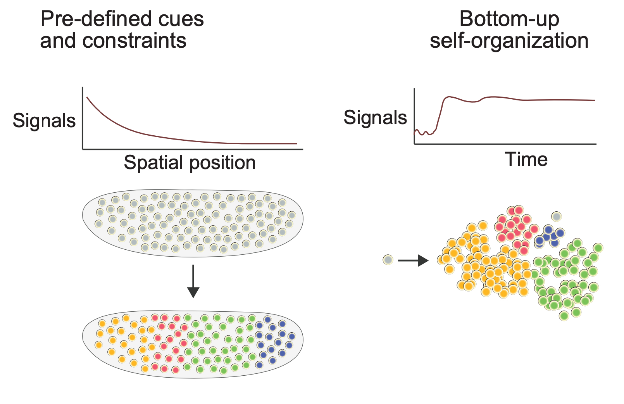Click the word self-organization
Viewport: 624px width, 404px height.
[x=509, y=40]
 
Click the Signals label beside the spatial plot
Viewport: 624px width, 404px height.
[x=44, y=120]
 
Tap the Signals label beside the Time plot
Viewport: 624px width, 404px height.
[x=375, y=117]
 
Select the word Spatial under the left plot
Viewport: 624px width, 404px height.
[x=153, y=162]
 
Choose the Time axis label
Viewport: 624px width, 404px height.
[x=526, y=159]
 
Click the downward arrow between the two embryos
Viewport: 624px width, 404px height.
[x=193, y=281]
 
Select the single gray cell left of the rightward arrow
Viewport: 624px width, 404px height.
[x=388, y=260]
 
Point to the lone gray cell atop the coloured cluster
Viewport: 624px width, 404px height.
[x=557, y=216]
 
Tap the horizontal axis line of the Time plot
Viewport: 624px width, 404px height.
[x=504, y=144]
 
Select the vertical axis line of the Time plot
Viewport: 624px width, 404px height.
[x=415, y=116]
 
